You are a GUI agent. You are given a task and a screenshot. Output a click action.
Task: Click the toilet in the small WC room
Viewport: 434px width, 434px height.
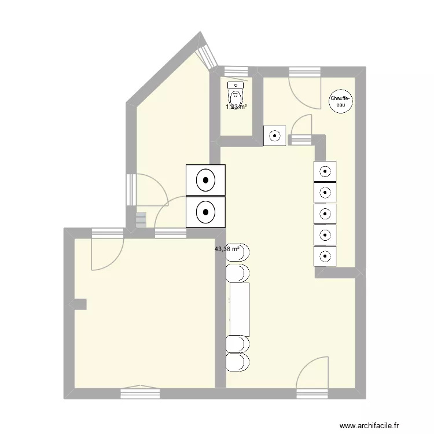click(236, 94)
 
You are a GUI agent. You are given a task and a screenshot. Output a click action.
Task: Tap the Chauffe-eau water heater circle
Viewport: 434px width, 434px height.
click(339, 102)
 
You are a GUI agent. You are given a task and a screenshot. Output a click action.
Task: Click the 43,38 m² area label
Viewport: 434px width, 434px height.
click(227, 249)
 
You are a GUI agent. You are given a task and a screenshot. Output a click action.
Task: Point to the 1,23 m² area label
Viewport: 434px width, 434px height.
click(237, 106)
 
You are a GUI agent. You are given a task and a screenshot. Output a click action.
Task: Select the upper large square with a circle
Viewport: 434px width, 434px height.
click(205, 181)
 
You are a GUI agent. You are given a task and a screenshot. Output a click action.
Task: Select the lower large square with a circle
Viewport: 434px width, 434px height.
click(205, 212)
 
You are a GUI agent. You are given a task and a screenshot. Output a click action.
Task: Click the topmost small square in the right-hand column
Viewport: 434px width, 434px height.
click(325, 171)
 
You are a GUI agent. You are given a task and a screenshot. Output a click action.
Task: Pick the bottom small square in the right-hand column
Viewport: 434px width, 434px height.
click(325, 255)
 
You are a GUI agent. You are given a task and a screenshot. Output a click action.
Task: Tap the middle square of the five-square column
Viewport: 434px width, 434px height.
click(325, 214)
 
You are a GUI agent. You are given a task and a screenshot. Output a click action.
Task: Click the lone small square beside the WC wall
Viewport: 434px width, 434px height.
click(275, 137)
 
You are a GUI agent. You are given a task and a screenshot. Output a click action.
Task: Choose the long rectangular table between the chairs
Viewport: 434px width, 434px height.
click(240, 309)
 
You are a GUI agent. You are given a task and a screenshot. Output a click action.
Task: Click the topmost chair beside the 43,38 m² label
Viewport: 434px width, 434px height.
click(238, 252)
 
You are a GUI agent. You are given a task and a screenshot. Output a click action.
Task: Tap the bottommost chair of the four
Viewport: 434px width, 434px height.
click(238, 362)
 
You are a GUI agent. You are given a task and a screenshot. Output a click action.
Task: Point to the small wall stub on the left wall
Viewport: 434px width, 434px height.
click(79, 304)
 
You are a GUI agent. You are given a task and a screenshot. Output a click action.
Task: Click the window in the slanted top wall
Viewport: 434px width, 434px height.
click(205, 54)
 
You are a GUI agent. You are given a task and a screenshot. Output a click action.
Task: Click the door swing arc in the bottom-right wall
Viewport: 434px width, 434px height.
click(311, 373)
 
